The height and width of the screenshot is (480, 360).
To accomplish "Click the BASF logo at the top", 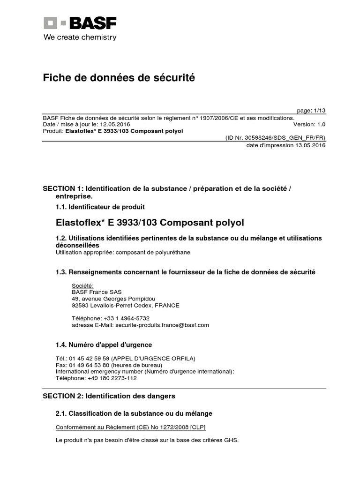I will click(x=80, y=23).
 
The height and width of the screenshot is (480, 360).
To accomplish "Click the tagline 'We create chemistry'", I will click(x=80, y=37).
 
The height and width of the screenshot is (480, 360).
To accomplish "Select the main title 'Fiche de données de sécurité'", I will click(x=119, y=78).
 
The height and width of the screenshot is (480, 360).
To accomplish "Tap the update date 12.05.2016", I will click(x=115, y=124).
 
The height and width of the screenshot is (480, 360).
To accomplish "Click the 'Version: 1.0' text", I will click(x=309, y=124).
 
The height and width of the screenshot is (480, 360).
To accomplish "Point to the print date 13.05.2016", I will click(x=310, y=145).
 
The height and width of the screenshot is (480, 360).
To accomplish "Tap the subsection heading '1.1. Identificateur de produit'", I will click(x=100, y=207).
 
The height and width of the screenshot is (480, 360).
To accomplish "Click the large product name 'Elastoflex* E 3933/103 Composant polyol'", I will click(x=150, y=222).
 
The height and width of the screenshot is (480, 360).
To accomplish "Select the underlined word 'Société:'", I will click(x=82, y=285).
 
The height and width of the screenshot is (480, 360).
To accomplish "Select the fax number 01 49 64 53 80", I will click(x=89, y=365).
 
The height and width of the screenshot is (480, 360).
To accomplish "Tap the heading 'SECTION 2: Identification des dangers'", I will click(x=109, y=396).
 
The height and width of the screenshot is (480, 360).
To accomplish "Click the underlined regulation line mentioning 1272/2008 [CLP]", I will click(x=130, y=427).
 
